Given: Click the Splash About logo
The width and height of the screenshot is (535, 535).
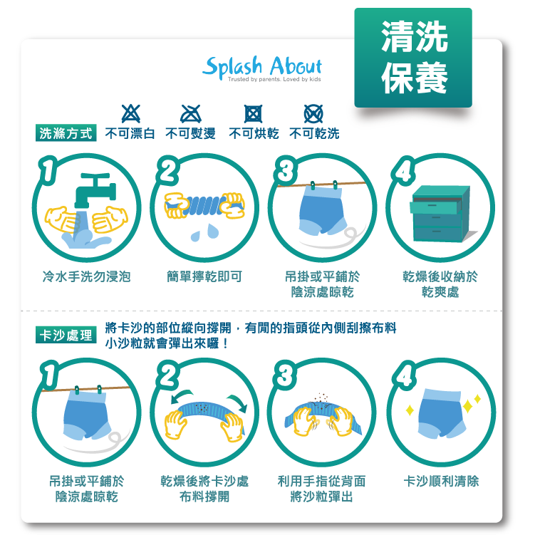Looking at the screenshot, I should click(x=262, y=68).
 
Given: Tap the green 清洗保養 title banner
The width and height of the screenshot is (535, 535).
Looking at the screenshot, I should click(x=413, y=58).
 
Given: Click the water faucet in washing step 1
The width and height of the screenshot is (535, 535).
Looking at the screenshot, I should click(x=96, y=189).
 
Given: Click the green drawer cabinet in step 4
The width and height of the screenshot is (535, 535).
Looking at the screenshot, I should click(x=438, y=213).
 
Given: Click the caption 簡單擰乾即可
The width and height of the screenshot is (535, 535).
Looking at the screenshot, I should click(x=204, y=276).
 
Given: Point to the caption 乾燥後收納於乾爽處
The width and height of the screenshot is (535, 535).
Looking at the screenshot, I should click(x=440, y=284).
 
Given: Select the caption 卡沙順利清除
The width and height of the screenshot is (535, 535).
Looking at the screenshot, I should click(x=441, y=482).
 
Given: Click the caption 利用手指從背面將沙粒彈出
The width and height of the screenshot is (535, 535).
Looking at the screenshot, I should click(x=322, y=489).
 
